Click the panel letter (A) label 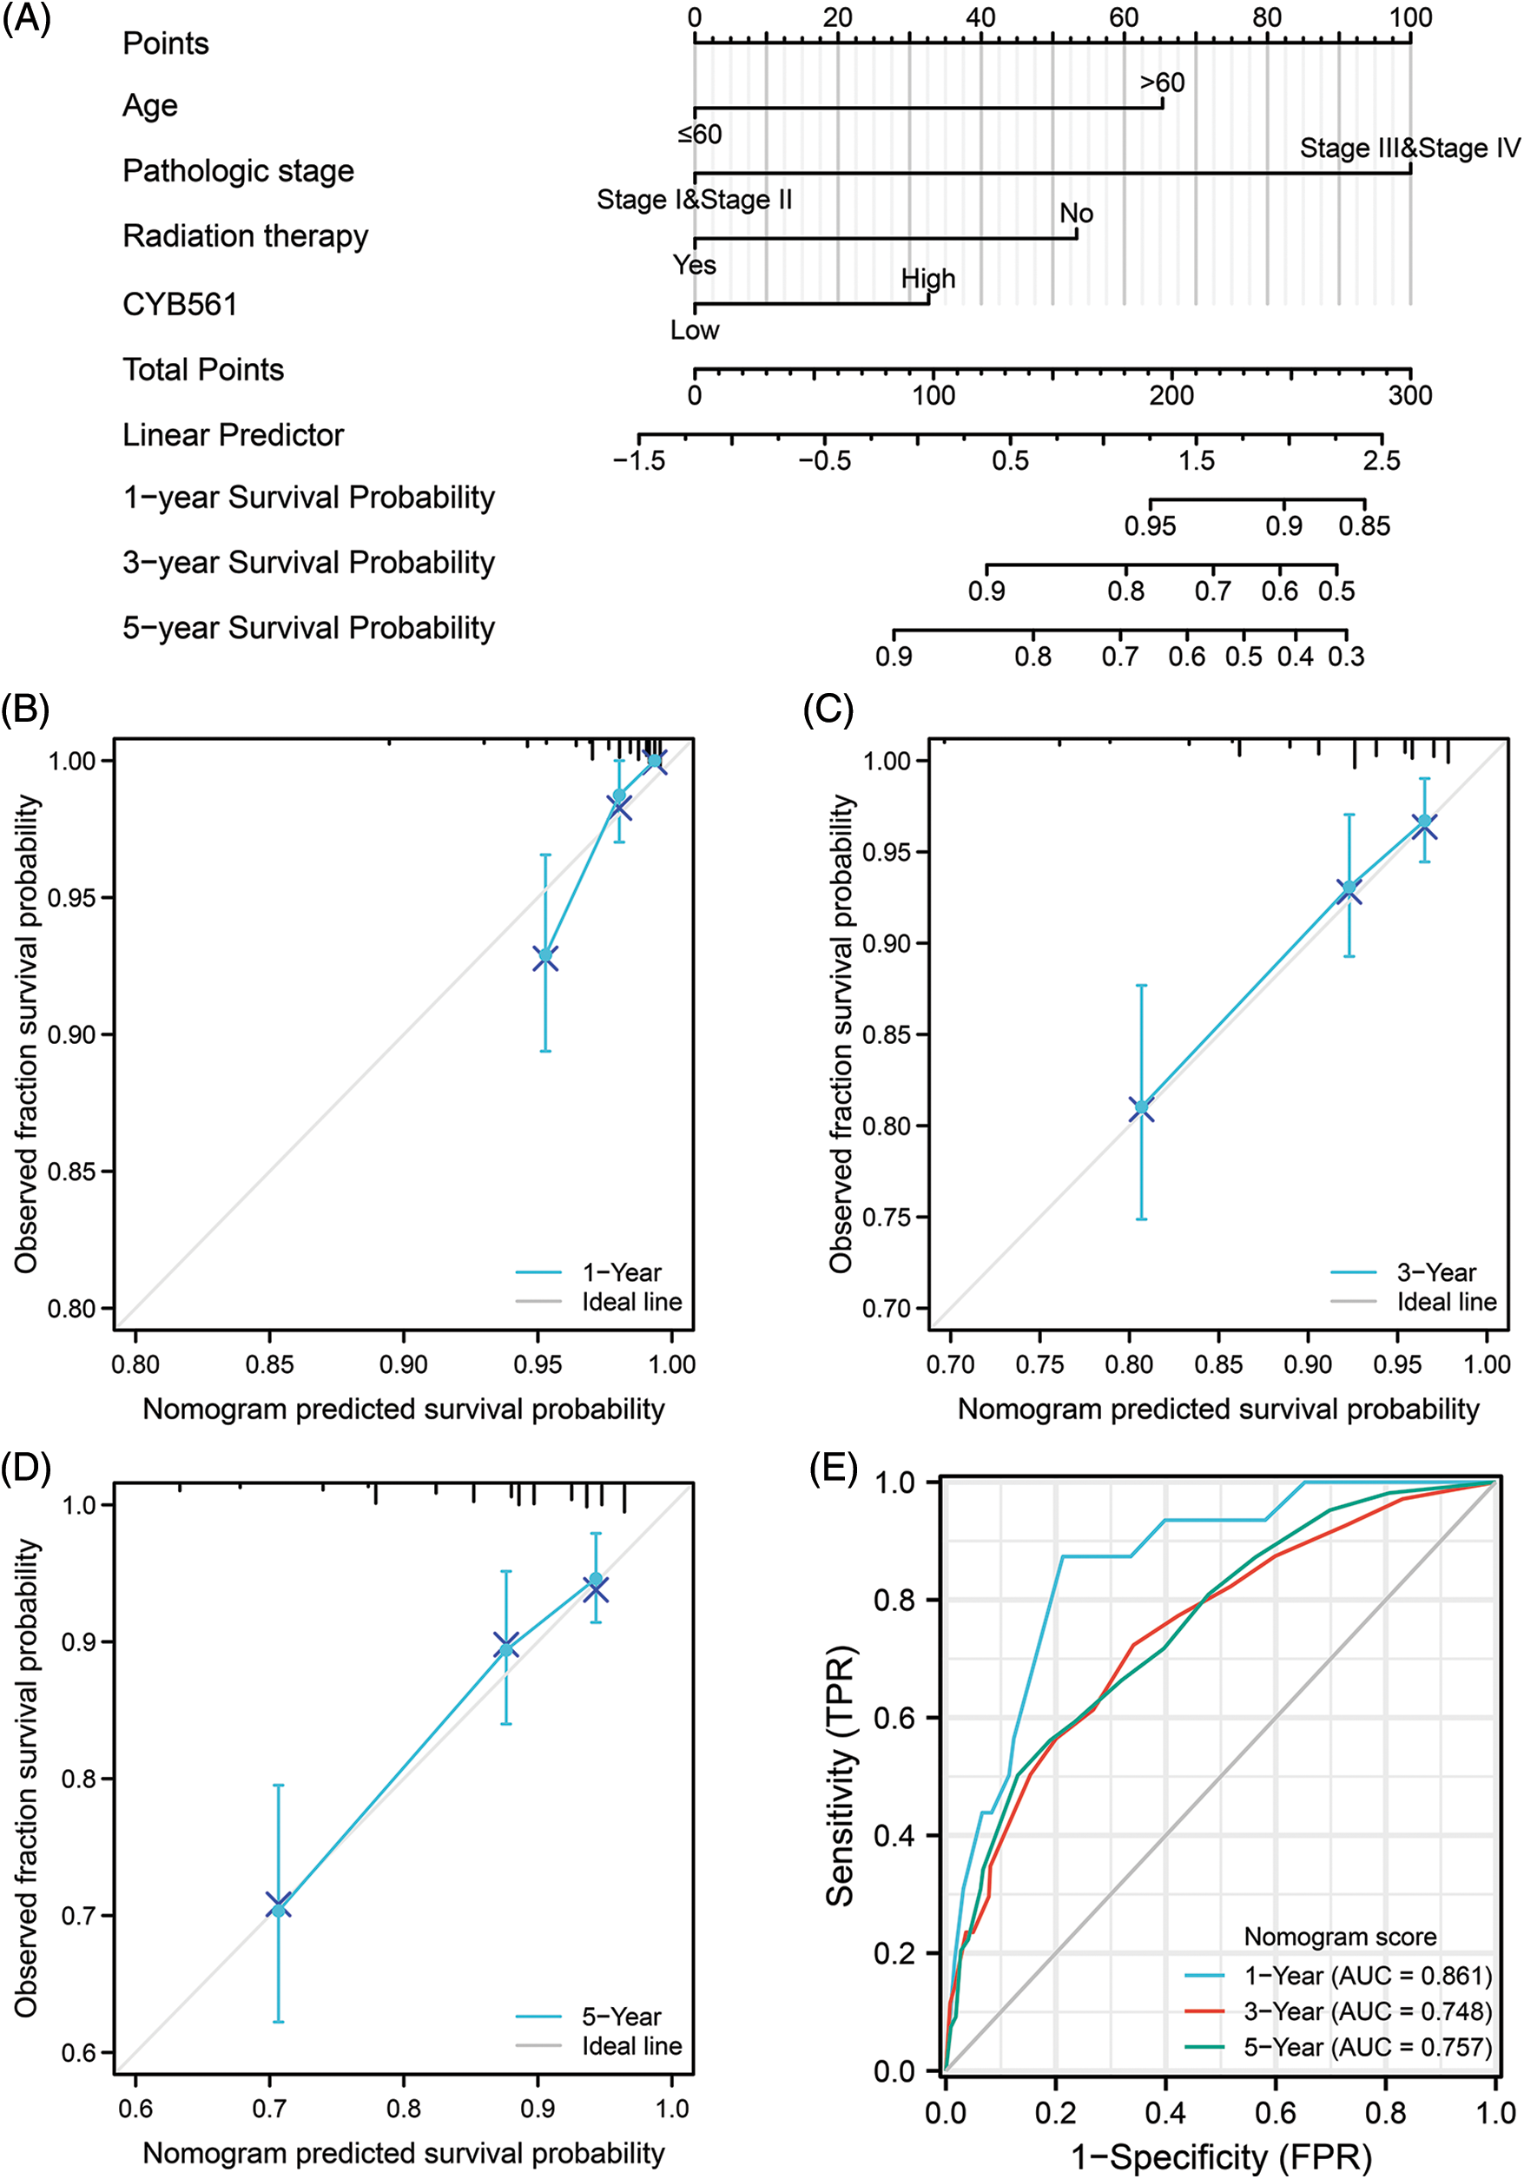click(x=27, y=19)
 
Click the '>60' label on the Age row click(x=1163, y=83)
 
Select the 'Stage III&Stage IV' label click(x=1409, y=148)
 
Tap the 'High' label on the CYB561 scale click(x=928, y=279)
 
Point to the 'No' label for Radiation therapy click(x=1076, y=214)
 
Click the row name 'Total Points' click(x=203, y=369)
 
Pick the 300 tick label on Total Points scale click(x=1410, y=396)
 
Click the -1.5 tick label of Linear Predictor click(x=638, y=461)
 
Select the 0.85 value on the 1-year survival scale click(x=1364, y=525)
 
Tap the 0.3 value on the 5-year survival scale click(x=1346, y=656)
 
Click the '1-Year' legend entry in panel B click(x=622, y=1271)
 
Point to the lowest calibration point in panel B click(x=544, y=955)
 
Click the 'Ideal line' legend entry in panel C click(x=1446, y=1301)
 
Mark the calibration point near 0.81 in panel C click(x=1142, y=1106)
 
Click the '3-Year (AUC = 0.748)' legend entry click(x=1368, y=2011)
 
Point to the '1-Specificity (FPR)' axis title click(x=1221, y=2156)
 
